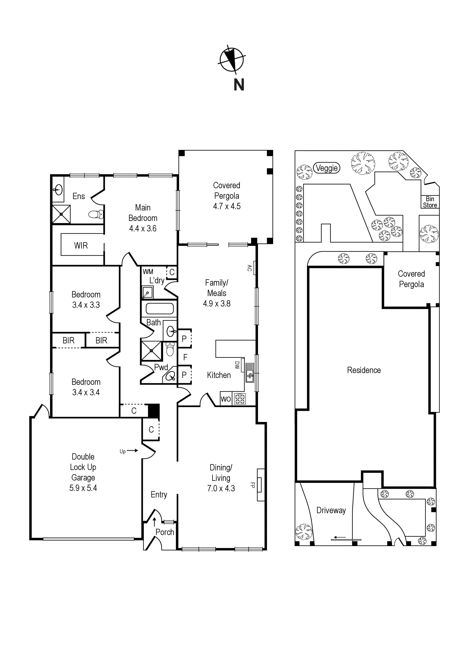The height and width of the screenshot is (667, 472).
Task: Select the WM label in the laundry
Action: (148, 272)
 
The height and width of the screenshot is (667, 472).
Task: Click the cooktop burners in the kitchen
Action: (240, 398)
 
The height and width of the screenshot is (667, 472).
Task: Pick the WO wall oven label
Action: (226, 399)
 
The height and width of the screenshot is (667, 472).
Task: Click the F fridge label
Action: (185, 357)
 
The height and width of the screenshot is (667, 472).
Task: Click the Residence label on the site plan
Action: (364, 370)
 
